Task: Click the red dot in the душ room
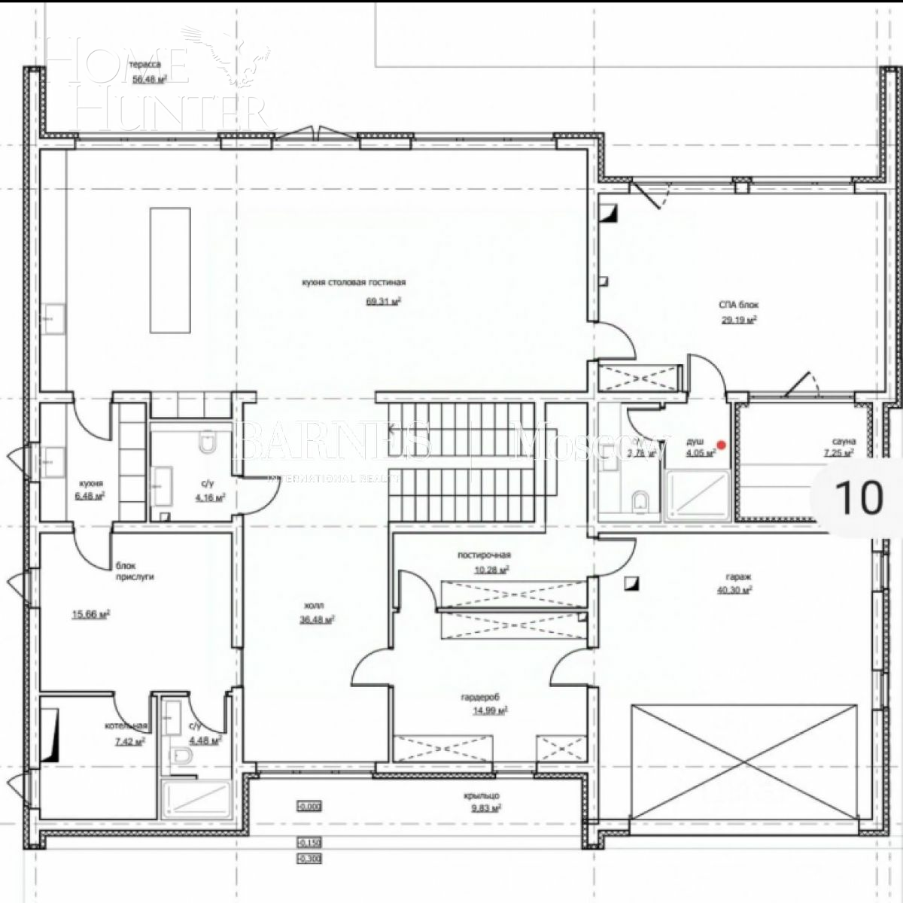pyautogui.click(x=721, y=445)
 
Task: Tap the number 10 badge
pyautogui.click(x=859, y=497)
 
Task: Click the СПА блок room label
pyautogui.click(x=737, y=305)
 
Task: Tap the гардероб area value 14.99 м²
pyautogui.click(x=489, y=710)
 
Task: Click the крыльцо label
pyautogui.click(x=482, y=795)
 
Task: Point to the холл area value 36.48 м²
pyautogui.click(x=317, y=619)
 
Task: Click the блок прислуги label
pyautogui.click(x=135, y=573)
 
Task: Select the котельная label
pyautogui.click(x=126, y=726)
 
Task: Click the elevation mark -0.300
pyautogui.click(x=309, y=858)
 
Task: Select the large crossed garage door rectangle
pyautogui.click(x=744, y=763)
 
